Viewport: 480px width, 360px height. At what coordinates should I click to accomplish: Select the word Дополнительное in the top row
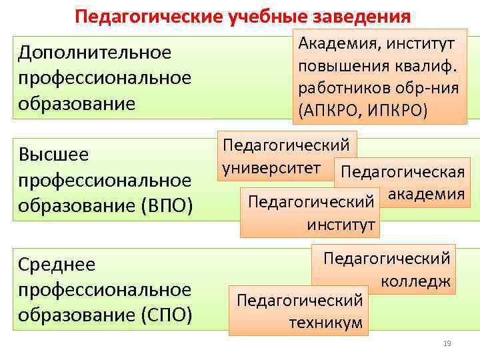pos(95,52)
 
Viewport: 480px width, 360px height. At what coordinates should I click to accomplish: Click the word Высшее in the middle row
pos(53,155)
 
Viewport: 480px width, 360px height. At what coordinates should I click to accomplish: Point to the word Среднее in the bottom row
pos(57,265)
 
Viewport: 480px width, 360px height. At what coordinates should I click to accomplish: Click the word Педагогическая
pos(402,172)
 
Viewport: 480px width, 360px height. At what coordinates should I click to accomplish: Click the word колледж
pos(416,281)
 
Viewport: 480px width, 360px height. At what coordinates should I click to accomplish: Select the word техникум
pos(326,323)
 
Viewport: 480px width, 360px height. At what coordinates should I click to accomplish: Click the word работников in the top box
pos(336,89)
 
